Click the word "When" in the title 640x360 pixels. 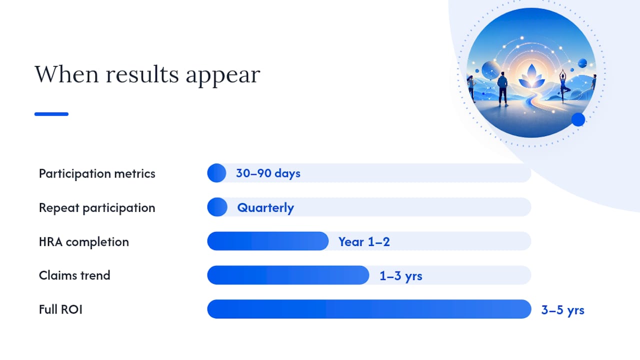pyautogui.click(x=66, y=74)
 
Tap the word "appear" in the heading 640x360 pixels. pyautogui.click(x=223, y=76)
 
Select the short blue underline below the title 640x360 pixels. pyautogui.click(x=51, y=114)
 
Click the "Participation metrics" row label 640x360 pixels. pyautogui.click(x=97, y=173)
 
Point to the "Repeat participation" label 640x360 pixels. pyautogui.click(x=97, y=207)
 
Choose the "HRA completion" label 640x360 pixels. pyautogui.click(x=84, y=242)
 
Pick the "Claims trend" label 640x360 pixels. pyautogui.click(x=74, y=275)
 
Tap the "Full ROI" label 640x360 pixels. pyautogui.click(x=60, y=309)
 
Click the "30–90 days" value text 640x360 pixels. pyautogui.click(x=268, y=173)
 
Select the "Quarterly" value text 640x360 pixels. pyautogui.click(x=265, y=207)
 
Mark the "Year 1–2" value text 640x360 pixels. pyautogui.click(x=364, y=241)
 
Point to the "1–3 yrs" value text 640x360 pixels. pyautogui.click(x=401, y=276)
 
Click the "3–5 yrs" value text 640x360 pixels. pyautogui.click(x=563, y=310)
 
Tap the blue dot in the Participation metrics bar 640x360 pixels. pyautogui.click(x=217, y=173)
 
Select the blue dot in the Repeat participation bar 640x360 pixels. pyautogui.click(x=217, y=207)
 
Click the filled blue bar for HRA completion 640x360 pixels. pyautogui.click(x=268, y=241)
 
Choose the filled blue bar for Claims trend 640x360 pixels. pyautogui.click(x=288, y=275)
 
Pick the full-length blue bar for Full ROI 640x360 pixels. pyautogui.click(x=369, y=309)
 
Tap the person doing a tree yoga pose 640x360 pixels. pyautogui.click(x=563, y=85)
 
